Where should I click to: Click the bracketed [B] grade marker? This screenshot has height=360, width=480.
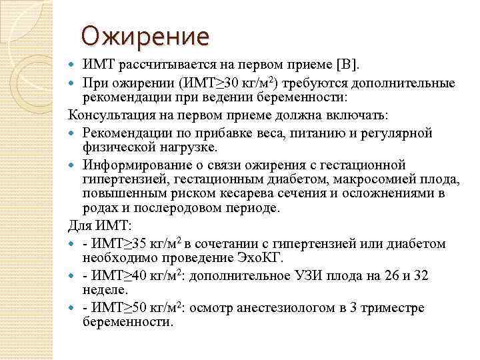(x=347, y=65)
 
